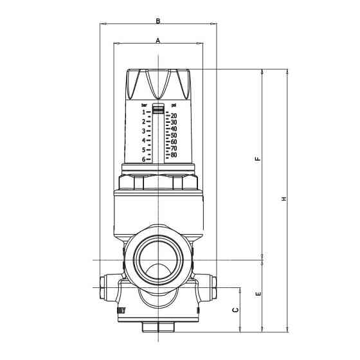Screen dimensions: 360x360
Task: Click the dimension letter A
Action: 158,40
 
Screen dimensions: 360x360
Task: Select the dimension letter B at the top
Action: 158,21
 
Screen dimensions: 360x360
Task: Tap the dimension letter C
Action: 235,310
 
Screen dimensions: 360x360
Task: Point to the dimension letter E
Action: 258,294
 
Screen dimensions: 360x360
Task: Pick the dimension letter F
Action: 258,159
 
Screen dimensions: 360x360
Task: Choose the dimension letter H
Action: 283,199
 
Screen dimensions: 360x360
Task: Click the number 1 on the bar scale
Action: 144,112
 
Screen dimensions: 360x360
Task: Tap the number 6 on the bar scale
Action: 144,159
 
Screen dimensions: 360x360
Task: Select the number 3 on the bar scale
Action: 144,130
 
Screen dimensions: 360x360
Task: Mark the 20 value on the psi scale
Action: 174,116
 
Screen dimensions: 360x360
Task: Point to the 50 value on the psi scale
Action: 174,136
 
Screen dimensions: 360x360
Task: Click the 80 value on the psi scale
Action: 174,155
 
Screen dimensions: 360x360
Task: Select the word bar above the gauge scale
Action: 145,104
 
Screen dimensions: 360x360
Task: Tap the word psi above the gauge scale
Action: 174,105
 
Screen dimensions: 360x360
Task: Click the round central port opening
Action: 158,260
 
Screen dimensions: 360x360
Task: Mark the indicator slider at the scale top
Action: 158,110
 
